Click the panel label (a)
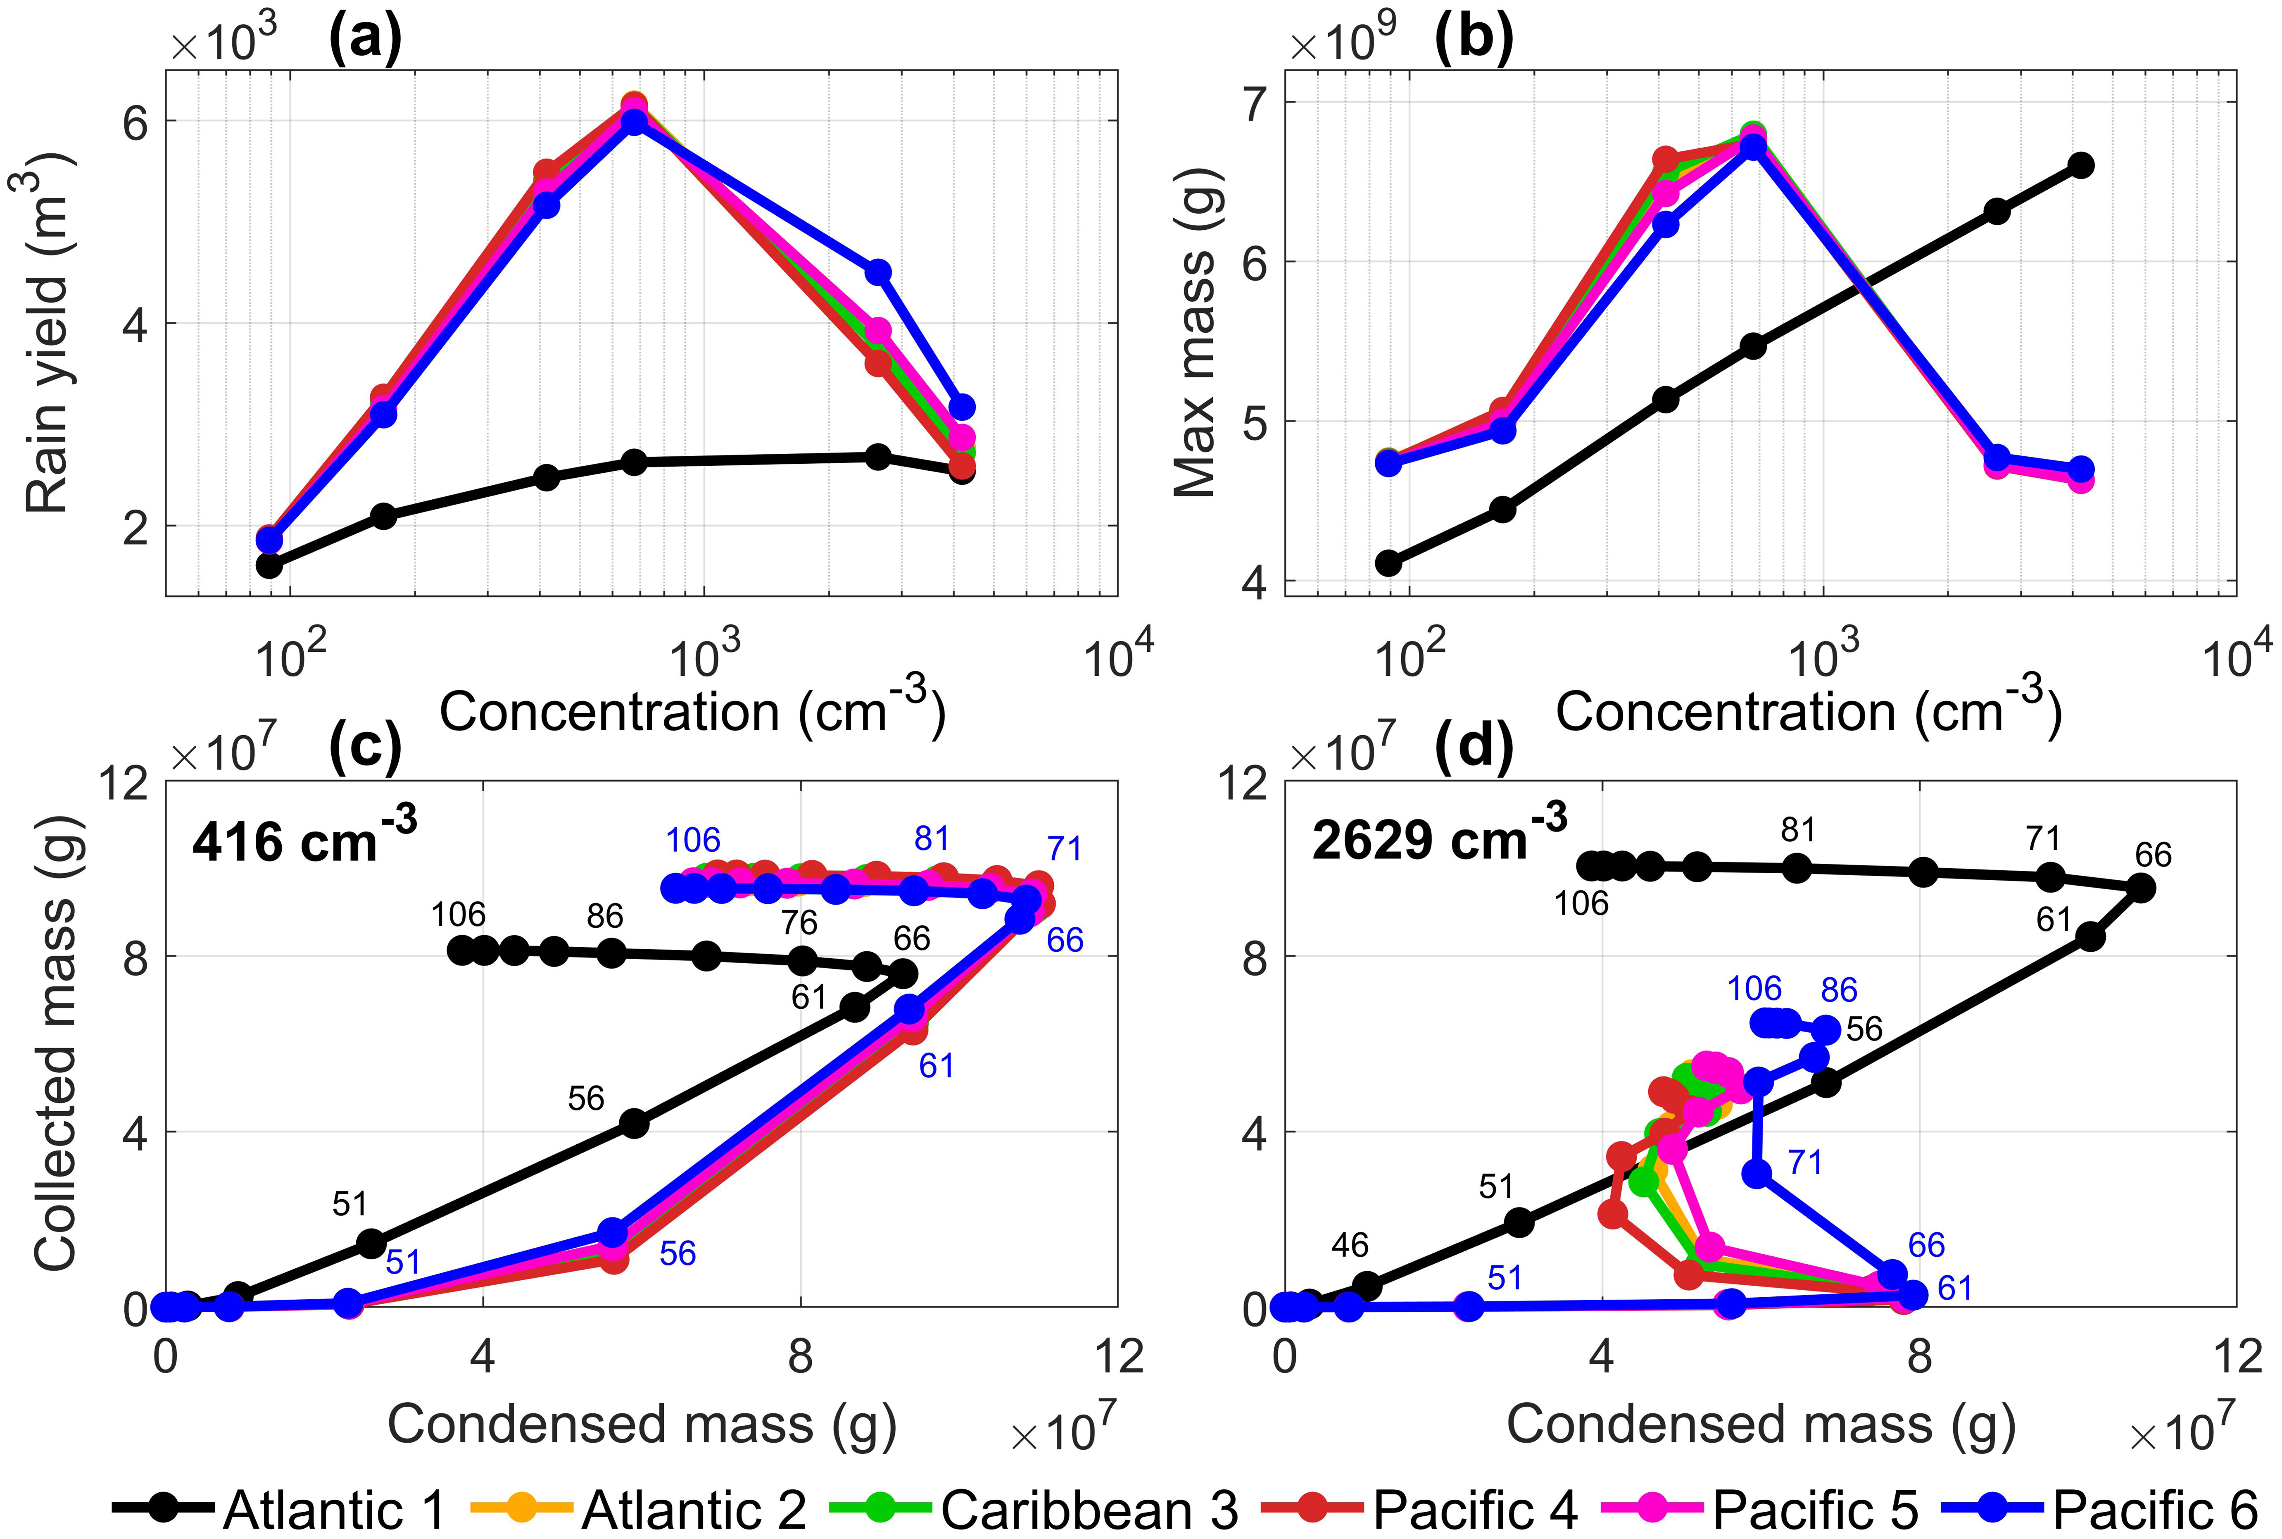pyautogui.click(x=365, y=39)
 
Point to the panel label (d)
pyautogui.click(x=1474, y=748)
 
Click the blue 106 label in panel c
pyautogui.click(x=693, y=840)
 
